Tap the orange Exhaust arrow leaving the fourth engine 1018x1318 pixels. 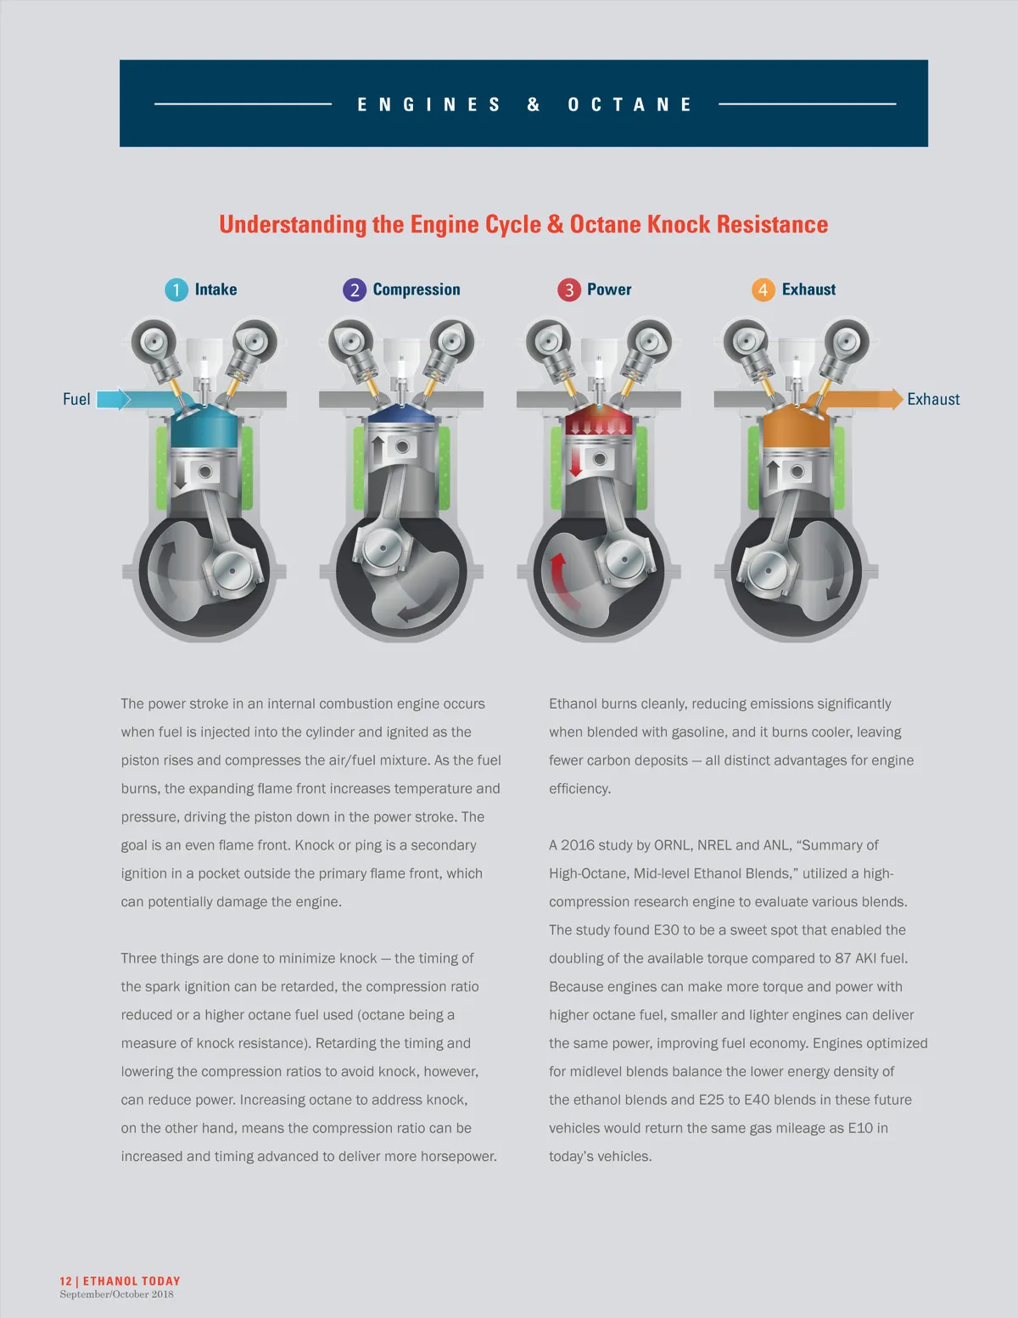click(874, 398)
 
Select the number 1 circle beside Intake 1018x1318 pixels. click(176, 290)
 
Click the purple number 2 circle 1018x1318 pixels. click(354, 290)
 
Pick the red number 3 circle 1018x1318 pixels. click(568, 290)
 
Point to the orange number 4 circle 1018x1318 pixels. click(763, 290)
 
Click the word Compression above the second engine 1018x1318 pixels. click(417, 289)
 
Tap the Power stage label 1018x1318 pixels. click(609, 289)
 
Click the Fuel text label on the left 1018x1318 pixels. click(76, 399)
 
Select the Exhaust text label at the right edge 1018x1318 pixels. click(933, 399)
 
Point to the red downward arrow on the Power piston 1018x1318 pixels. click(576, 462)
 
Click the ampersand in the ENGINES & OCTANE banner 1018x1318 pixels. click(534, 104)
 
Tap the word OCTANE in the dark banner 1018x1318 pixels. click(630, 104)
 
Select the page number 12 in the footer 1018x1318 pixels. click(65, 1281)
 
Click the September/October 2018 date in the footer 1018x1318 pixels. click(116, 1294)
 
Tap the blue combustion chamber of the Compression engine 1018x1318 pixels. click(400, 415)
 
